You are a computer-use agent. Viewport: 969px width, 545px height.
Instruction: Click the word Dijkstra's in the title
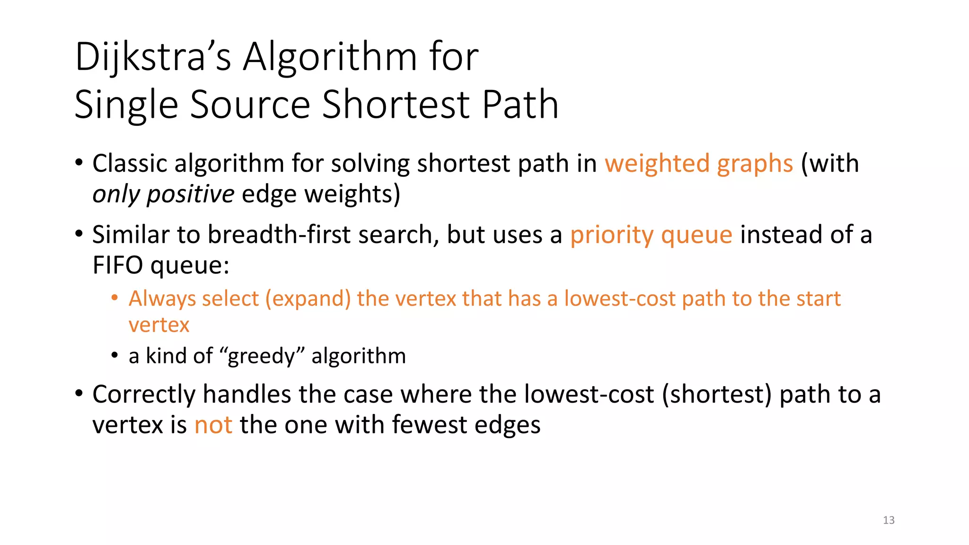click(153, 58)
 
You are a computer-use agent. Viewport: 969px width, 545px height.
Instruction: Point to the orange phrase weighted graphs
click(698, 164)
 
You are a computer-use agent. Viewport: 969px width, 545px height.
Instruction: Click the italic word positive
click(190, 194)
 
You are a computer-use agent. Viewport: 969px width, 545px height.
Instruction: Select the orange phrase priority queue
click(651, 235)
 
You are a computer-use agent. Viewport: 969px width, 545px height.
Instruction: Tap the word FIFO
click(117, 265)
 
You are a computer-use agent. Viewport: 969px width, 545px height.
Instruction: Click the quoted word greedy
click(261, 356)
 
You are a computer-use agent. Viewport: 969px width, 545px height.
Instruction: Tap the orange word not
click(213, 425)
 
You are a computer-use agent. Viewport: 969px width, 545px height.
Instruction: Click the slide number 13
click(889, 520)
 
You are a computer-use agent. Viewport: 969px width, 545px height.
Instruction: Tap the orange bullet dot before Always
click(115, 298)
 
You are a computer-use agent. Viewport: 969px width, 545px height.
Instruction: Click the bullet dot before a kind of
click(115, 355)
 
